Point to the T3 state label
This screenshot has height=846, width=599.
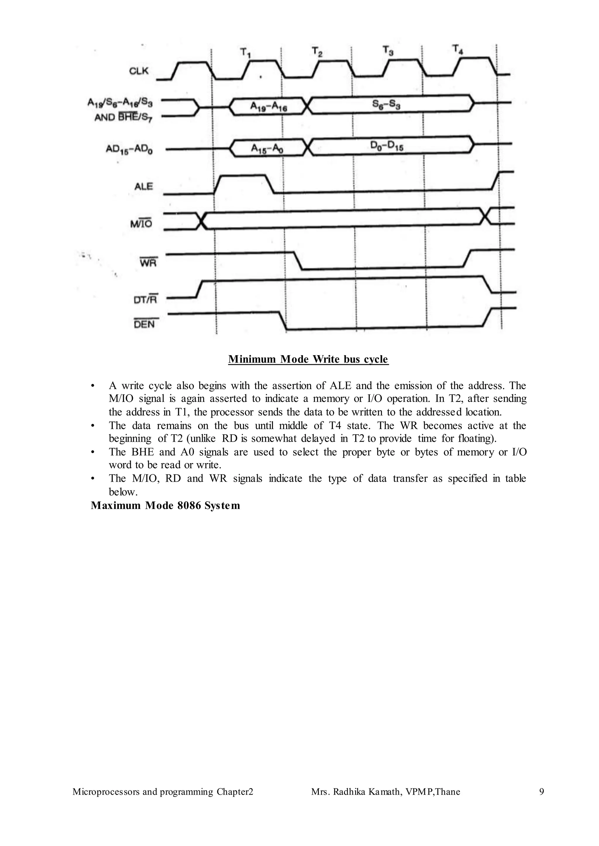[388, 50]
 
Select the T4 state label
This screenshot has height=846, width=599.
[457, 49]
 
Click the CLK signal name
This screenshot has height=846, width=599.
[139, 71]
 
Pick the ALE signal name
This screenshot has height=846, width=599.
[144, 186]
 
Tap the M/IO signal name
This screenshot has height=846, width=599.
[141, 224]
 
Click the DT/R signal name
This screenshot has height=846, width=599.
[145, 299]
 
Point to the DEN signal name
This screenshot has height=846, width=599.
[144, 324]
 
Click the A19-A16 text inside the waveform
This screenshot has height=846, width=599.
[268, 107]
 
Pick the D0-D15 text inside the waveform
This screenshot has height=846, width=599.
[387, 146]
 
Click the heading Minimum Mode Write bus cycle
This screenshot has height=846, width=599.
[308, 359]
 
